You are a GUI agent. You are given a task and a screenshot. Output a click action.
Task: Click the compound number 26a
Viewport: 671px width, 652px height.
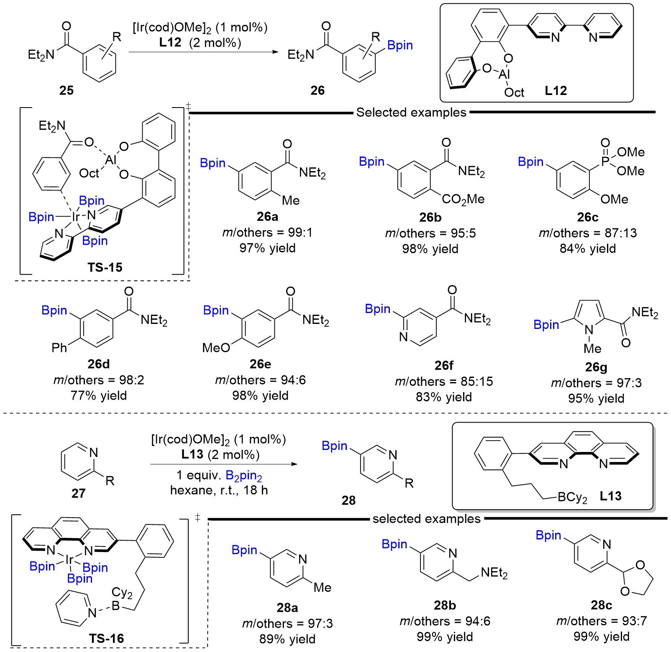point(267,216)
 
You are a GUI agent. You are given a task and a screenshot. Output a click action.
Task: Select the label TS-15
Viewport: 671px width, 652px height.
point(105,267)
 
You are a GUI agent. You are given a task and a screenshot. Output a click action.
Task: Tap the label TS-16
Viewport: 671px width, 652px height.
point(106,638)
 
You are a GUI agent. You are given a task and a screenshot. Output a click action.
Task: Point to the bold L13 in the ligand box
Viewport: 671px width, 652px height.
point(610,496)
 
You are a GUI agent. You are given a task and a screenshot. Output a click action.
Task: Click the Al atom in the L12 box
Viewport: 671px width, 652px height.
point(504,74)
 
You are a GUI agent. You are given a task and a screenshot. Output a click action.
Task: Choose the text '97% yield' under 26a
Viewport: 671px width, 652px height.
point(267,248)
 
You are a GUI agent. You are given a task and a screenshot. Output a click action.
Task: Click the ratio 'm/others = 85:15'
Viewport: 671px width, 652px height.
point(444,381)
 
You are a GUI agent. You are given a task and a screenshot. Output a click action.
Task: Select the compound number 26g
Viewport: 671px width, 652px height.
point(596,367)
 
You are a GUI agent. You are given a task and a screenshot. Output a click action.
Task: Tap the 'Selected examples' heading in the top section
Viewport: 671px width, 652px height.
point(411,112)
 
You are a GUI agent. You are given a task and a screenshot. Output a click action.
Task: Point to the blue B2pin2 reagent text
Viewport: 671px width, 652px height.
point(244,475)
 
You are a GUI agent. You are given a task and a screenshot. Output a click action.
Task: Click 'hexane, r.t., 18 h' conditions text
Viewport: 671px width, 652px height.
point(219,490)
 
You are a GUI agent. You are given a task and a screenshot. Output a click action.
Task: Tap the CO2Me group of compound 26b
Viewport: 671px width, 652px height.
point(463,199)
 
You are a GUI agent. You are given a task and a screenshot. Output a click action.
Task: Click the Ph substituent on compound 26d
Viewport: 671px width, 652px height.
point(59,347)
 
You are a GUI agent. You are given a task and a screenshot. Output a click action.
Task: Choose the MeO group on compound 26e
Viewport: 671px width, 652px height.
point(216,347)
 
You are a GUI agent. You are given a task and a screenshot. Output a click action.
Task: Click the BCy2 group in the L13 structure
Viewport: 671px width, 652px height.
point(572,497)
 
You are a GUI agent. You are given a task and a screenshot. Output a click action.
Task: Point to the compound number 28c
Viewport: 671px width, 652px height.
point(601,605)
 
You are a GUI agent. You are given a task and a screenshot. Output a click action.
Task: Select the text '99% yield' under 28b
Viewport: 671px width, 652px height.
point(445,637)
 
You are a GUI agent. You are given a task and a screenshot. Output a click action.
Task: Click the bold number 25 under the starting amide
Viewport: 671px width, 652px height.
point(67,90)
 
